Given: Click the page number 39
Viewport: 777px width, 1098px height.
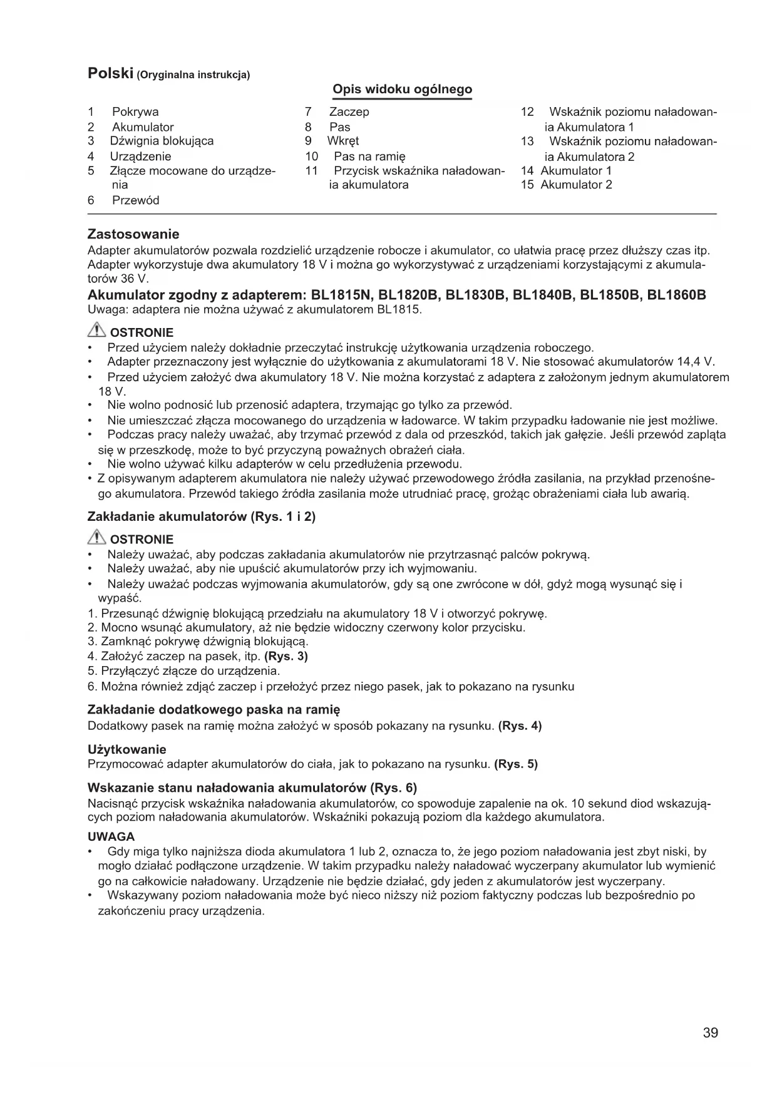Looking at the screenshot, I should coord(710,1032).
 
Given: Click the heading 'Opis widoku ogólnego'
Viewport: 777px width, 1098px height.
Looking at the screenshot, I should coord(402,90).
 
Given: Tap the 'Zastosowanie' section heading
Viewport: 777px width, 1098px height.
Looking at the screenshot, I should coord(133,235).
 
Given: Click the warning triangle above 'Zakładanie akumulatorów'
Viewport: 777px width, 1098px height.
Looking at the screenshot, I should coord(97,537).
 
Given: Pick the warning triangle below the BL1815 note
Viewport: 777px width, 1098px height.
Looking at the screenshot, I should coord(97,331).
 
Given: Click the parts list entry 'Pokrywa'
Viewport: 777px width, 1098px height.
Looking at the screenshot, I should coord(135,112).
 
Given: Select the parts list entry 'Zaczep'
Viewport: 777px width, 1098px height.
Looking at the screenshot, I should coord(349,112).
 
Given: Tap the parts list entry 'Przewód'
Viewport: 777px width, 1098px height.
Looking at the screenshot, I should coord(136,200).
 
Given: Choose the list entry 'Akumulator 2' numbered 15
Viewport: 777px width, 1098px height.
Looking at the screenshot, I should coord(576,185).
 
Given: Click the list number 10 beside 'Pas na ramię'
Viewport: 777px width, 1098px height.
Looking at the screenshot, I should coord(312,156).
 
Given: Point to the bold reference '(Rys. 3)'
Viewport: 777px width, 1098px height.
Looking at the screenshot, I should coord(286,656).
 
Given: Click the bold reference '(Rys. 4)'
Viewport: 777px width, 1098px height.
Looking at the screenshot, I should coord(520,726).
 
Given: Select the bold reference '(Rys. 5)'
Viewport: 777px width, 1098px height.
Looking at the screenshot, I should coord(516,764).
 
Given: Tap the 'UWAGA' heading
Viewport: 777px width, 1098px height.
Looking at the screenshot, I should coord(111,837).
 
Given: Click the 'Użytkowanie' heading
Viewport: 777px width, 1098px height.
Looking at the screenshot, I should coord(127,749).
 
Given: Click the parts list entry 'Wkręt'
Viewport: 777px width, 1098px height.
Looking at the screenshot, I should coord(343,141).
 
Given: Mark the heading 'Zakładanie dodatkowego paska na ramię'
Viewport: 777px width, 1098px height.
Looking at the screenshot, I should coord(214,710).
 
